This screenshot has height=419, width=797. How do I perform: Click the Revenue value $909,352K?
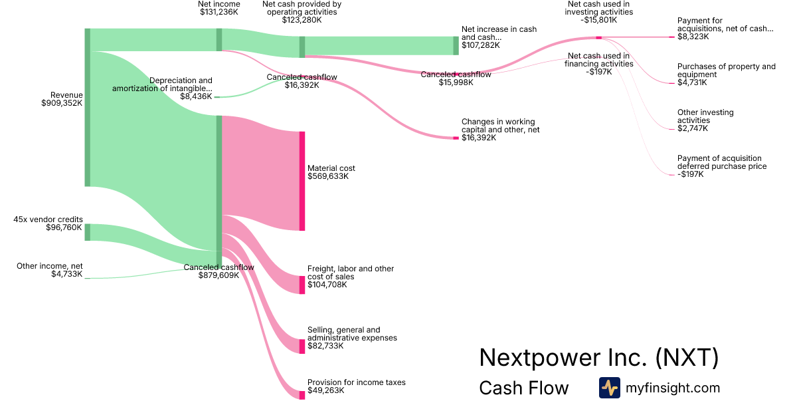[62, 103]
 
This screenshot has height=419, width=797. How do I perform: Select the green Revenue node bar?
[87, 107]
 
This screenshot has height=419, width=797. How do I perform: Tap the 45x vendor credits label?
[48, 219]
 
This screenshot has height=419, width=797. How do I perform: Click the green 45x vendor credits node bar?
[87, 232]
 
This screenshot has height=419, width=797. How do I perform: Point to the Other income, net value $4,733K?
[66, 274]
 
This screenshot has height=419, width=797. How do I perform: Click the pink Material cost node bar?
[302, 181]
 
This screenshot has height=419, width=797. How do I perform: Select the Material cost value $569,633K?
[328, 176]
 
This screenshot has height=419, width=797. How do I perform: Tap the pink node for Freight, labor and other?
[302, 285]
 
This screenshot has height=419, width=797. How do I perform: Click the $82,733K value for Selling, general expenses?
[325, 346]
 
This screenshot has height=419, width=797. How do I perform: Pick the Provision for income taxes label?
[356, 382]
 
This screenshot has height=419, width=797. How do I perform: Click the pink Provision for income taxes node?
[302, 394]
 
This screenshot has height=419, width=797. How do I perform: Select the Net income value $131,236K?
[219, 12]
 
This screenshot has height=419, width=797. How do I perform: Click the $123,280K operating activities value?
[302, 20]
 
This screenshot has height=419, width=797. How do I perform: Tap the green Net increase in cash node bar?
[456, 45]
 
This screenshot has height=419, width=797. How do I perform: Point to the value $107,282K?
[480, 45]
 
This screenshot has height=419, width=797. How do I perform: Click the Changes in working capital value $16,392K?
[479, 138]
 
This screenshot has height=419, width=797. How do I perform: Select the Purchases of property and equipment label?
[726, 70]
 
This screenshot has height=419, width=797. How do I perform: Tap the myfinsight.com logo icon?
[610, 388]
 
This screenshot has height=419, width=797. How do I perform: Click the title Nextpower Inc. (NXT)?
[598, 358]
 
